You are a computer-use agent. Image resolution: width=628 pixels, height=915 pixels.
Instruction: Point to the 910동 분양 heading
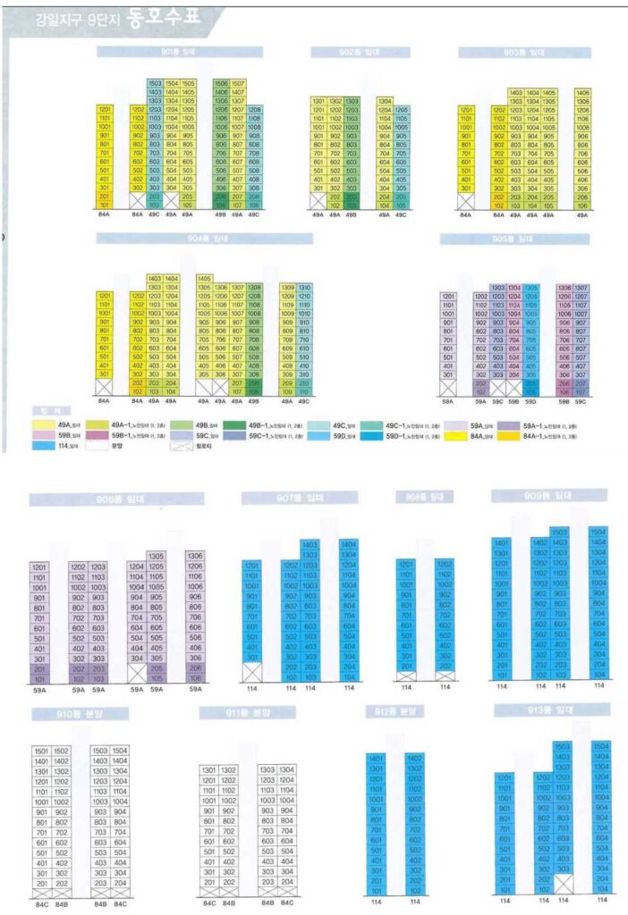(x=75, y=715)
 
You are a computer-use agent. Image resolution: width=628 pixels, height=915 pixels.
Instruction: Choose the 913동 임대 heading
(x=551, y=710)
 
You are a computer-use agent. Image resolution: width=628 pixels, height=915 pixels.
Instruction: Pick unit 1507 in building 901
(x=238, y=83)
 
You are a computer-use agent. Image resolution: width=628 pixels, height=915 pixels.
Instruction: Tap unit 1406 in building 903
(x=582, y=92)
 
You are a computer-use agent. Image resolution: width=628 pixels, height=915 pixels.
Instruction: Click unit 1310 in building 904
(x=301, y=288)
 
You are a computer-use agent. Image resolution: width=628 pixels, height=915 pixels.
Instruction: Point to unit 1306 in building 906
(x=195, y=556)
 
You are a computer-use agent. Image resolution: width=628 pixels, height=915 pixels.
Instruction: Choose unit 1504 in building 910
(x=119, y=751)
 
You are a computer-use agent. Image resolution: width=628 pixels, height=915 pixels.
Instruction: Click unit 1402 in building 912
(x=414, y=758)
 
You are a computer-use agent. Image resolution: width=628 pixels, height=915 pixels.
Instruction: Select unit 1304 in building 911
(x=286, y=769)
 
